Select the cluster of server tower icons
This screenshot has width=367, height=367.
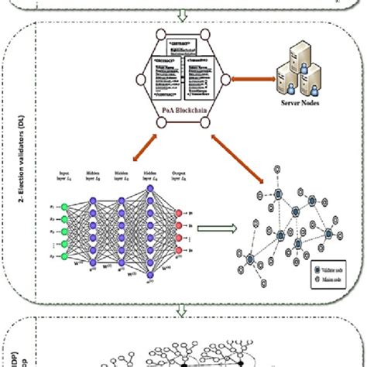click(x=300, y=87)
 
